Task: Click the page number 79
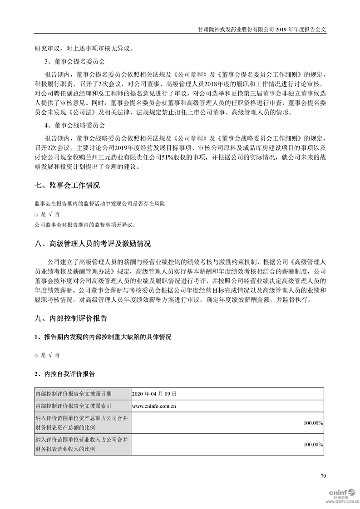coord(323,476)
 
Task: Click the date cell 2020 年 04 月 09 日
coord(154,394)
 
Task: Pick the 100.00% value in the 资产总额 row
coord(313,423)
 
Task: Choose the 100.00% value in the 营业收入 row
coord(313,445)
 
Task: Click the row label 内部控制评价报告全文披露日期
coord(73,394)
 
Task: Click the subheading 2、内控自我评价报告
coord(64,374)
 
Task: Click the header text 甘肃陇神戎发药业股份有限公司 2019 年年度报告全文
coord(263,28)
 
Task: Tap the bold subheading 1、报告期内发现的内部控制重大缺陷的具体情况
coord(103,337)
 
